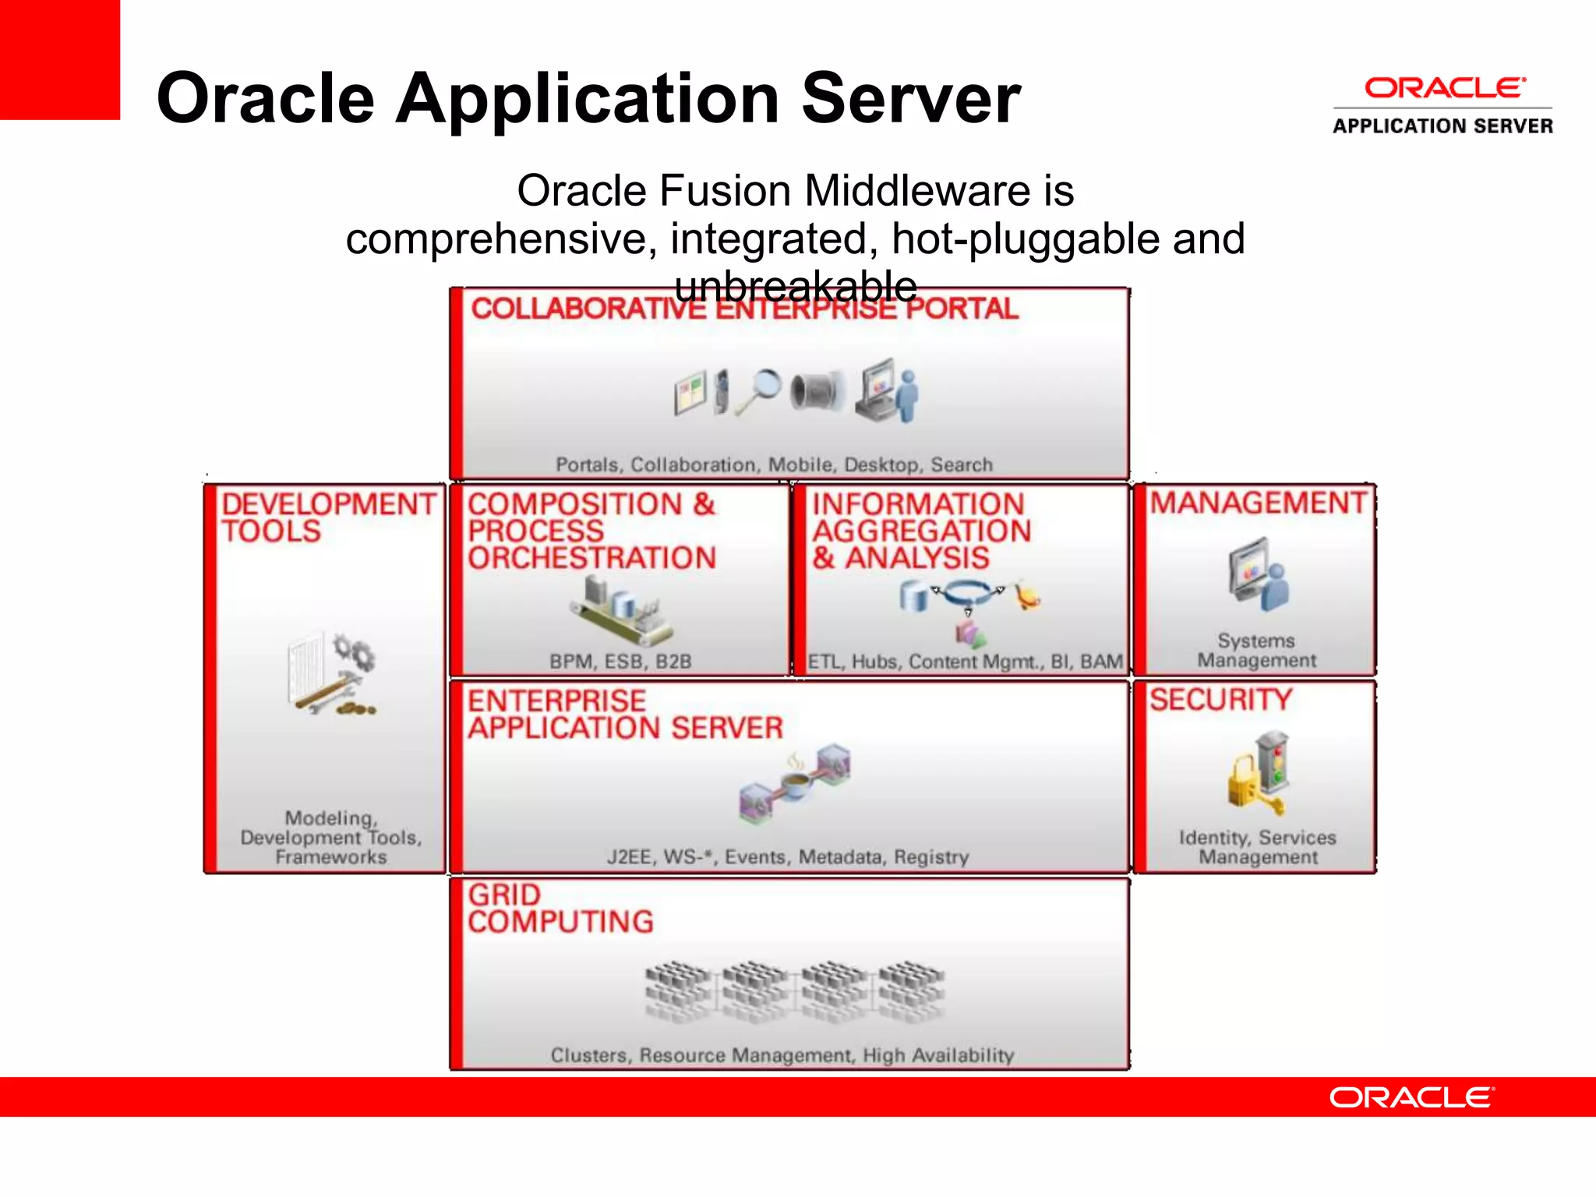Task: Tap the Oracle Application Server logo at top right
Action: point(1442,105)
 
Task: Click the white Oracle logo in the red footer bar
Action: point(1411,1097)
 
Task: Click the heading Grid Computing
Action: point(560,908)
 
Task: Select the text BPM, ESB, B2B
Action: point(620,662)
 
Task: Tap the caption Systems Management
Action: point(1256,651)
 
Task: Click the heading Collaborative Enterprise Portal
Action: point(744,309)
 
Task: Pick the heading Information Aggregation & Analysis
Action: point(921,531)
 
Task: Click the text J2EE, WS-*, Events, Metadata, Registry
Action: point(788,857)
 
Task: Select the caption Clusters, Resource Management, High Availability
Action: point(782,1055)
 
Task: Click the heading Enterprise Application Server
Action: point(624,714)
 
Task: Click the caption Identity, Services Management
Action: point(1257,847)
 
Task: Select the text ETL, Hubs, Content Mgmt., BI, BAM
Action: point(965,662)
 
